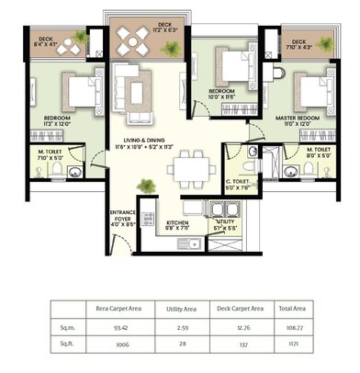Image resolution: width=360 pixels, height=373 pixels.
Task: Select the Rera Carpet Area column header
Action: (x=119, y=311)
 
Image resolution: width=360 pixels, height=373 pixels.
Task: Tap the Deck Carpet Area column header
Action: (x=243, y=311)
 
